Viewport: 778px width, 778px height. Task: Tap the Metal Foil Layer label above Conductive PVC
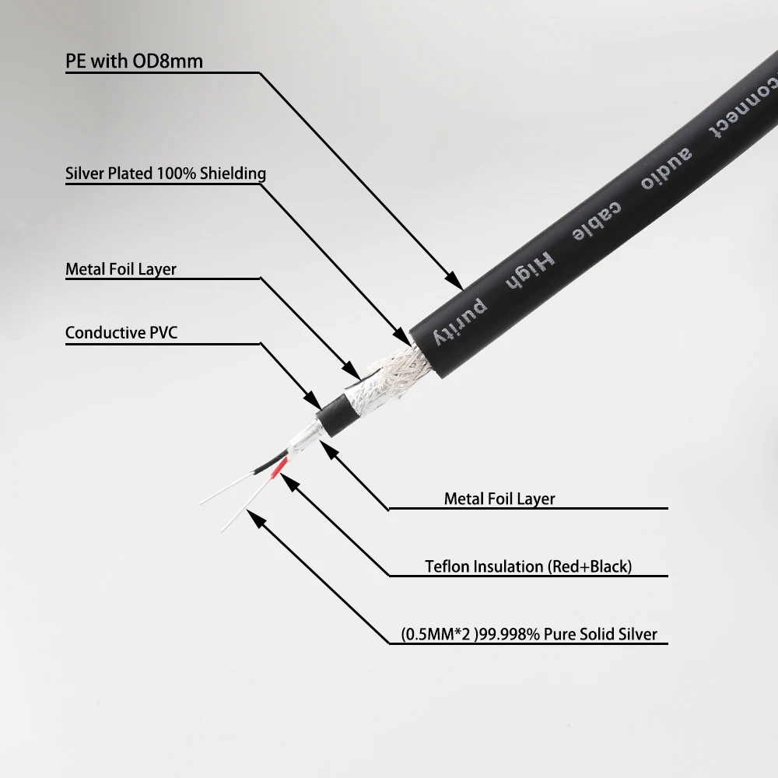(x=121, y=270)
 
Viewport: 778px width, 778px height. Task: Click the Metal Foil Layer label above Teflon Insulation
(x=499, y=499)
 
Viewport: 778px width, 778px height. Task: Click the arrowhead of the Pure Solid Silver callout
(x=252, y=517)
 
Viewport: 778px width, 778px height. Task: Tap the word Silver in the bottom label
(x=638, y=635)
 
